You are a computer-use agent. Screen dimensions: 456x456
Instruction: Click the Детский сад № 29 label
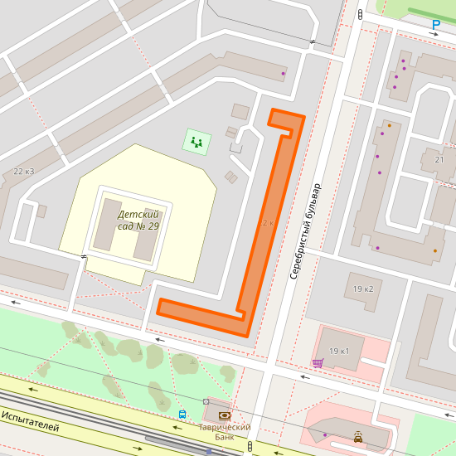[138, 220]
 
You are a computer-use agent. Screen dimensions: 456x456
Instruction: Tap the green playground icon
[196, 142]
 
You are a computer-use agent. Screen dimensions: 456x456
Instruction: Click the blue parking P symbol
[435, 26]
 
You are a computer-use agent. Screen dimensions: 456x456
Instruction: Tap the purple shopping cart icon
[318, 362]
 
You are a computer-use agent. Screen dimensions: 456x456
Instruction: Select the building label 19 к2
[363, 289]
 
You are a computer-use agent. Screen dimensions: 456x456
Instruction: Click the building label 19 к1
[339, 352]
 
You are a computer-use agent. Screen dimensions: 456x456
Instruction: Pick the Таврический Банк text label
[224, 431]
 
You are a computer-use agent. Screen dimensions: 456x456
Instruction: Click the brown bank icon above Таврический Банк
[223, 415]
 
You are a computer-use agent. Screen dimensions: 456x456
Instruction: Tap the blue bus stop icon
[182, 414]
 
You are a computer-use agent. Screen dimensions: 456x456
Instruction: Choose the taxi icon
[357, 436]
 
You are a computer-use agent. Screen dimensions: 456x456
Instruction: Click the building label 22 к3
[24, 172]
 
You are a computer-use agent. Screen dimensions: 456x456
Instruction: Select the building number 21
[439, 159]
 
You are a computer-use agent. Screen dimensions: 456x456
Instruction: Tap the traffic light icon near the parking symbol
[361, 15]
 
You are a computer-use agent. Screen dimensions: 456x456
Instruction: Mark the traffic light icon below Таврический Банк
[250, 447]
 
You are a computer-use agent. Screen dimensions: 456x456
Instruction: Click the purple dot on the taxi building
[325, 434]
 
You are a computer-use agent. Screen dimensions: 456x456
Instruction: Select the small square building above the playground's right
[240, 111]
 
